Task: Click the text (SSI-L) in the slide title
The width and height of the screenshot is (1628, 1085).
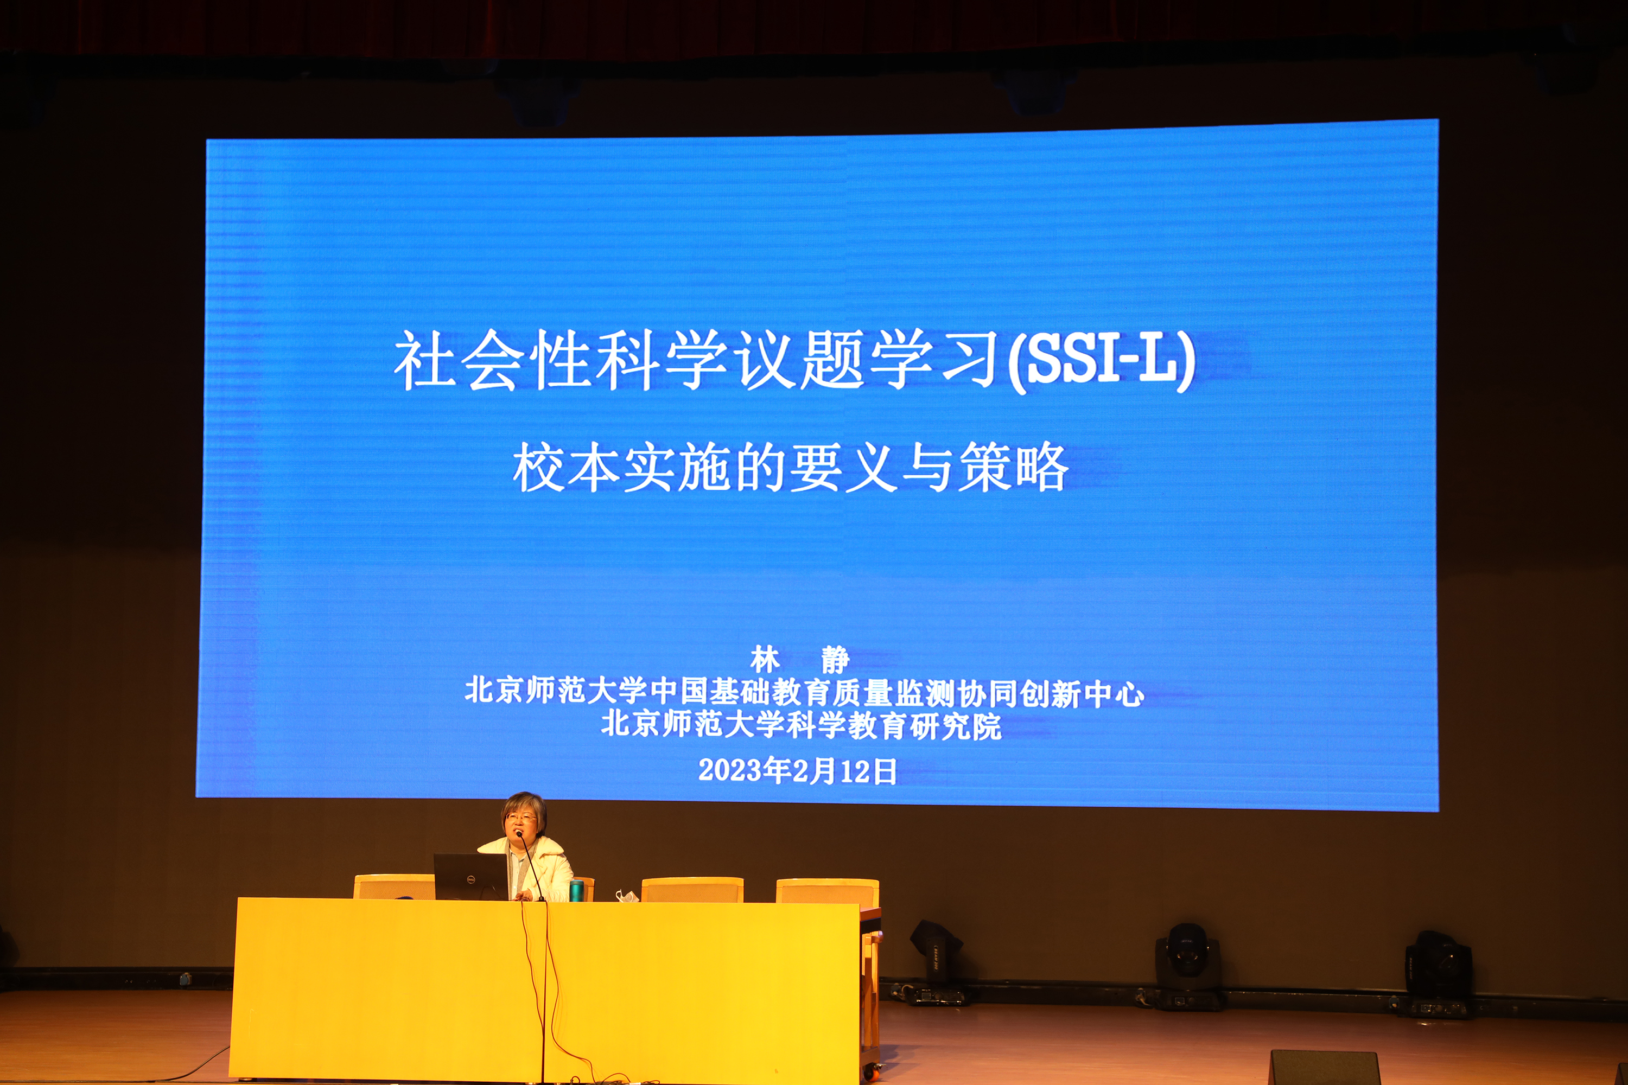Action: [x=1101, y=361]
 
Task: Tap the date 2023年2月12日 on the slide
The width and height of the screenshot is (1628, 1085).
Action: [x=797, y=771]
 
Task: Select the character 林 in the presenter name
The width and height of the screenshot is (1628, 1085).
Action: [x=765, y=660]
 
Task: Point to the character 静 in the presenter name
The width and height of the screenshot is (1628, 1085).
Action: [x=836, y=660]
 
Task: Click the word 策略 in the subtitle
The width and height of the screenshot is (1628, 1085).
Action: [x=1013, y=467]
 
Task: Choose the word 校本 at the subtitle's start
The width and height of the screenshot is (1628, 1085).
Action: [x=566, y=467]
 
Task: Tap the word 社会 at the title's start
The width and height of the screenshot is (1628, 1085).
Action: [x=457, y=360]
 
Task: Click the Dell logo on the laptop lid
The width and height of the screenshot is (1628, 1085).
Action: [x=470, y=879]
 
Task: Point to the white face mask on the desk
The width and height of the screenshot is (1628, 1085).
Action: [x=627, y=896]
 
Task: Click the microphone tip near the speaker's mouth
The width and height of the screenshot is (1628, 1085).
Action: [x=518, y=834]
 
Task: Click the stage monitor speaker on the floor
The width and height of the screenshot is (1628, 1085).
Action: [x=1325, y=1067]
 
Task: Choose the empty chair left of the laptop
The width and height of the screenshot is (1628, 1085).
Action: [x=394, y=887]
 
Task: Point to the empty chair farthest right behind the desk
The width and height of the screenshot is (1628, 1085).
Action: [x=827, y=891]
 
